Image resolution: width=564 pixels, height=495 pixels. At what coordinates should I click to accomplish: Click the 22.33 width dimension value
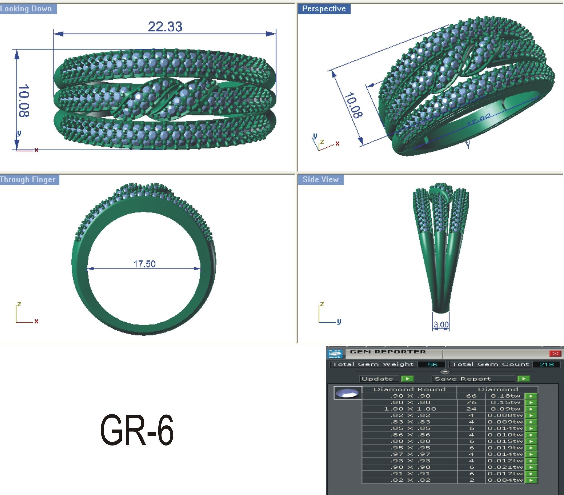[165, 27]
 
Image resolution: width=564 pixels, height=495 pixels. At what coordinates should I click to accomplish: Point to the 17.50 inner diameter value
[145, 264]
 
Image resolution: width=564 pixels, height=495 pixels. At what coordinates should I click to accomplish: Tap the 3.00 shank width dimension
[441, 325]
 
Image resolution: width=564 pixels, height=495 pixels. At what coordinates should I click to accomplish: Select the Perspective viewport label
[324, 9]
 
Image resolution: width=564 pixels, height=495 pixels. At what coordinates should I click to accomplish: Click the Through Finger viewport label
[28, 179]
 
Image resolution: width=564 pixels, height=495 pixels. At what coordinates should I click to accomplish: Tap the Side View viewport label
[320, 179]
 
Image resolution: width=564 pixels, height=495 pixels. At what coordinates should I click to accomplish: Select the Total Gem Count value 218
[546, 364]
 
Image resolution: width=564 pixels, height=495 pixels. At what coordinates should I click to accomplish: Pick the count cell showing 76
[471, 402]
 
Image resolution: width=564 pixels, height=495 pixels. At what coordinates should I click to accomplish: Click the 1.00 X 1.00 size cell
[410, 409]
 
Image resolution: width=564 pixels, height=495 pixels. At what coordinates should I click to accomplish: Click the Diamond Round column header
[409, 389]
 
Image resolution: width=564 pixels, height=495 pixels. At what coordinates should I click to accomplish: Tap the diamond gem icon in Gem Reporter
[348, 393]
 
